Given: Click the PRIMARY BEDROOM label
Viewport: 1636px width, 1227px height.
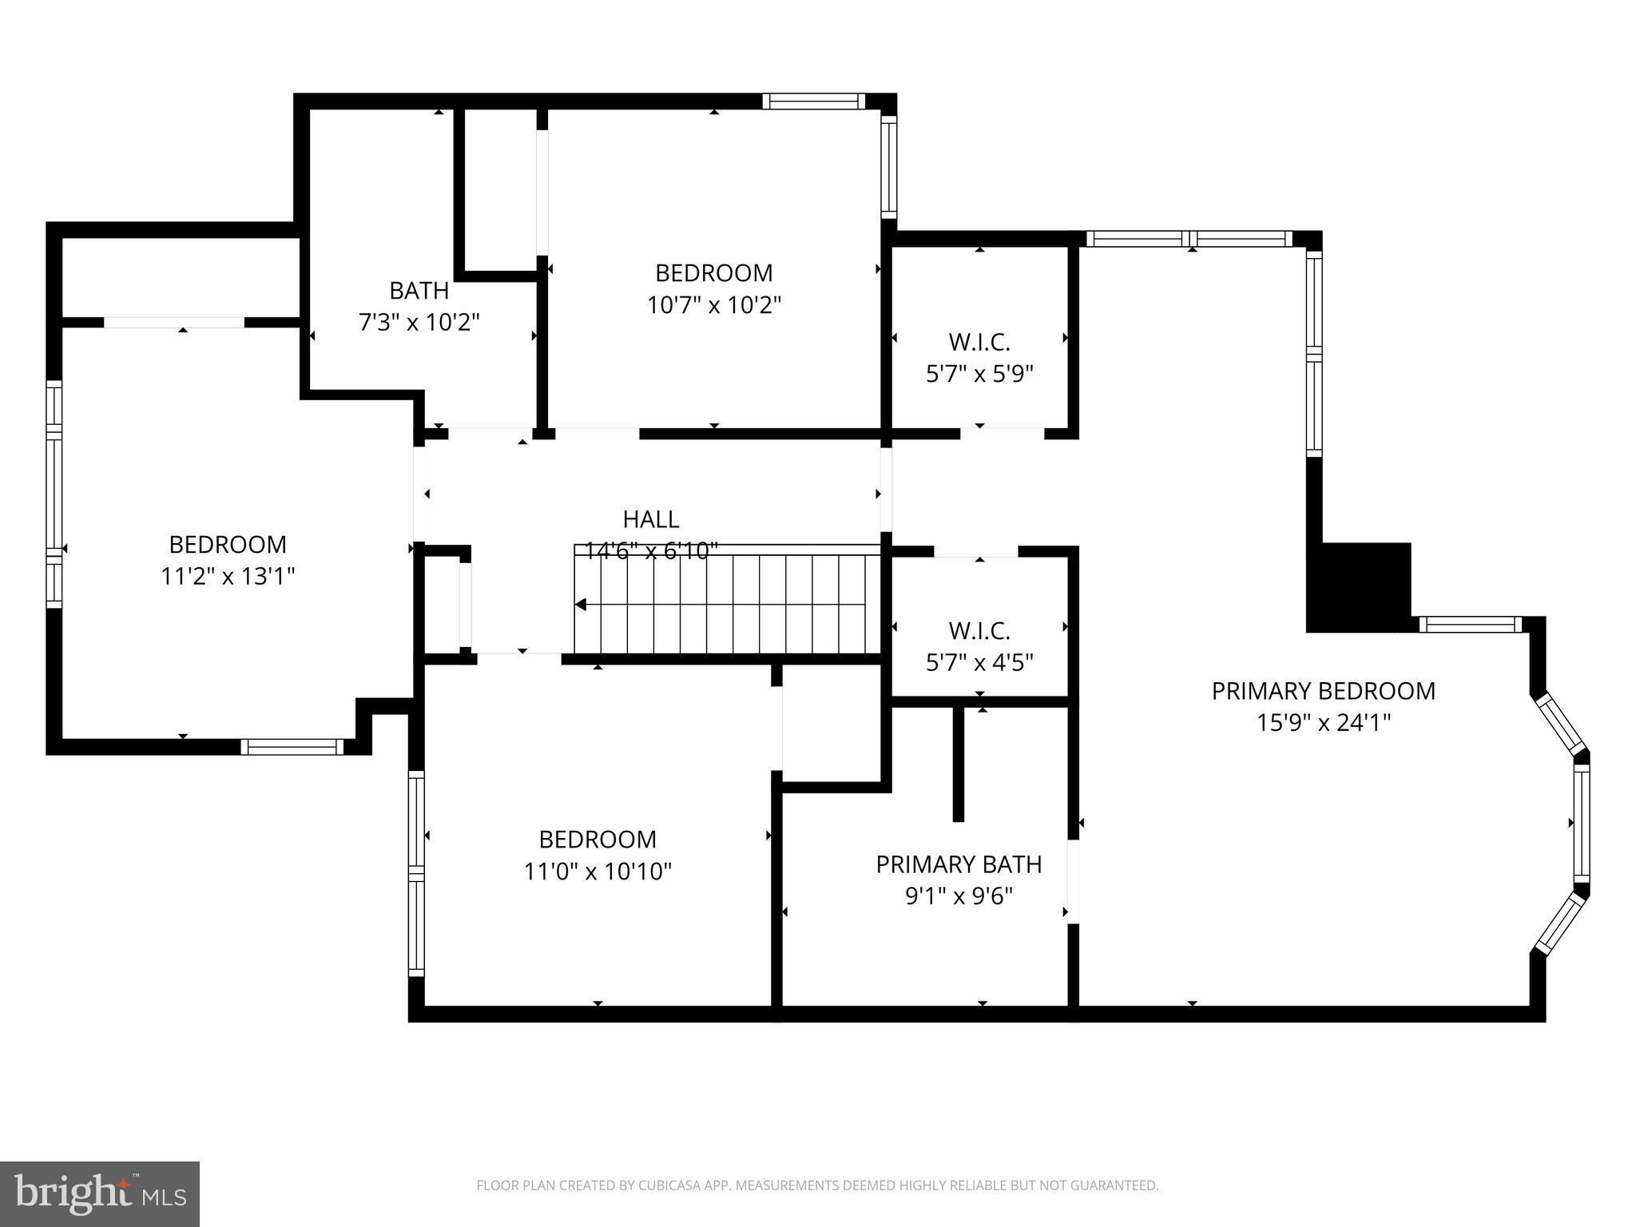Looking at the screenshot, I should [x=1323, y=691].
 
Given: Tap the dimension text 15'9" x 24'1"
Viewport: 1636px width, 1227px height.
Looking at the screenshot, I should [x=1323, y=723].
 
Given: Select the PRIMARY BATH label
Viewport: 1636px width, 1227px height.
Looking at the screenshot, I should [x=959, y=864].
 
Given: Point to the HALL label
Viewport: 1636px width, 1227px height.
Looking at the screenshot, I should [x=651, y=519].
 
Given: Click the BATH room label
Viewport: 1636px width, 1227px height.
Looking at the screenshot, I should [x=419, y=290].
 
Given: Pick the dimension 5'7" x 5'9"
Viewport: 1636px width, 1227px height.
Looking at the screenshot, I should [x=979, y=374].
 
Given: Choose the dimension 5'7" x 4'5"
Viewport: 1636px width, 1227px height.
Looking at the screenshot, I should [x=979, y=662].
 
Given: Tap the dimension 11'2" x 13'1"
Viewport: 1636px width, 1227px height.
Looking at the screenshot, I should [x=228, y=576].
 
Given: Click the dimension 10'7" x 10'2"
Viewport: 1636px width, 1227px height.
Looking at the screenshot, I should [x=713, y=305].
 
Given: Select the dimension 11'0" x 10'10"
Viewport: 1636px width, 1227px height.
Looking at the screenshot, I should [x=598, y=871].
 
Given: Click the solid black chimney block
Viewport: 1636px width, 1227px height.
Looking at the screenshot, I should [x=1358, y=588].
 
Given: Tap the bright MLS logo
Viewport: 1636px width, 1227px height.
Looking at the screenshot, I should [x=99, y=1194].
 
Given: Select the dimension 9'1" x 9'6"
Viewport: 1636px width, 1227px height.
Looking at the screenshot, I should [x=959, y=896].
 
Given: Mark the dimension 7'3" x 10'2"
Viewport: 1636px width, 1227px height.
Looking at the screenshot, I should [x=419, y=323].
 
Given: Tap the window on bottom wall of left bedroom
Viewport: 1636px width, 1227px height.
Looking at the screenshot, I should [x=292, y=747].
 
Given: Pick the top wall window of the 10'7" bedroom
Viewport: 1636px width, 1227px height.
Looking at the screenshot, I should [x=813, y=101].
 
